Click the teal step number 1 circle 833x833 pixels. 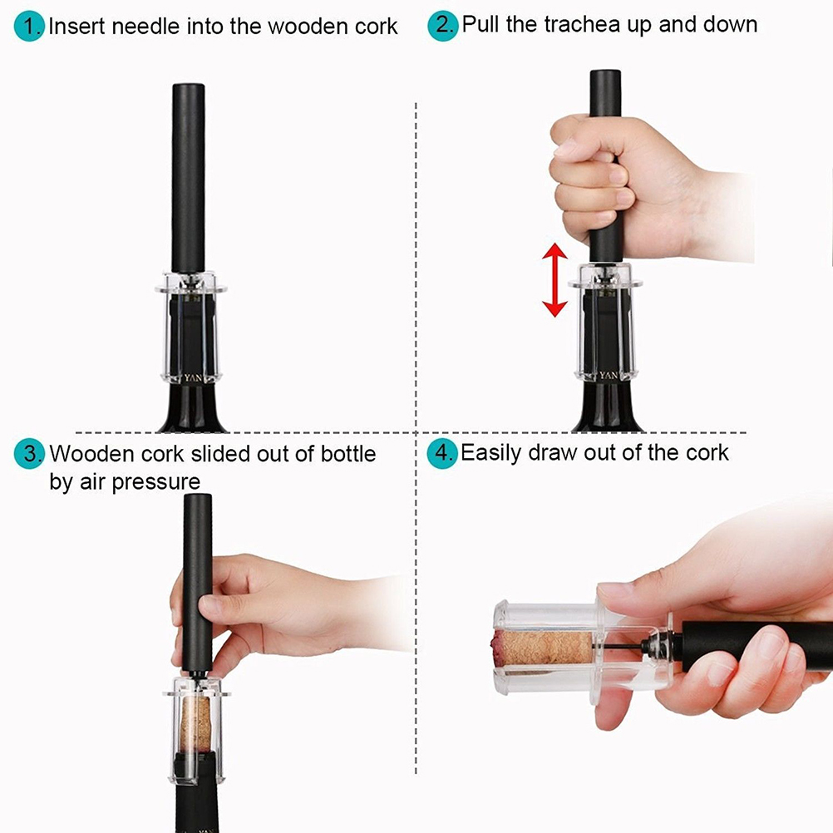[x=29, y=27]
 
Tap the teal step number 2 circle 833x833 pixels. [x=442, y=26]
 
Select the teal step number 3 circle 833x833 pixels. [x=29, y=454]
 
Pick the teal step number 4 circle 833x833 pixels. [x=442, y=453]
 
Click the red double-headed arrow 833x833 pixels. [x=555, y=279]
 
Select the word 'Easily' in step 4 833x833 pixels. [x=490, y=453]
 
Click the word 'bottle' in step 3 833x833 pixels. [x=348, y=454]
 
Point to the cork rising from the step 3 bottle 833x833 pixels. [x=195, y=723]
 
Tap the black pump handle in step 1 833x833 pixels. [x=188, y=178]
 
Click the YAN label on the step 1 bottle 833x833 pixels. [x=193, y=378]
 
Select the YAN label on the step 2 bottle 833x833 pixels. [x=609, y=376]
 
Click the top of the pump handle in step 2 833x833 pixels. [x=605, y=73]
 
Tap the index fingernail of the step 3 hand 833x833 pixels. [x=205, y=604]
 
